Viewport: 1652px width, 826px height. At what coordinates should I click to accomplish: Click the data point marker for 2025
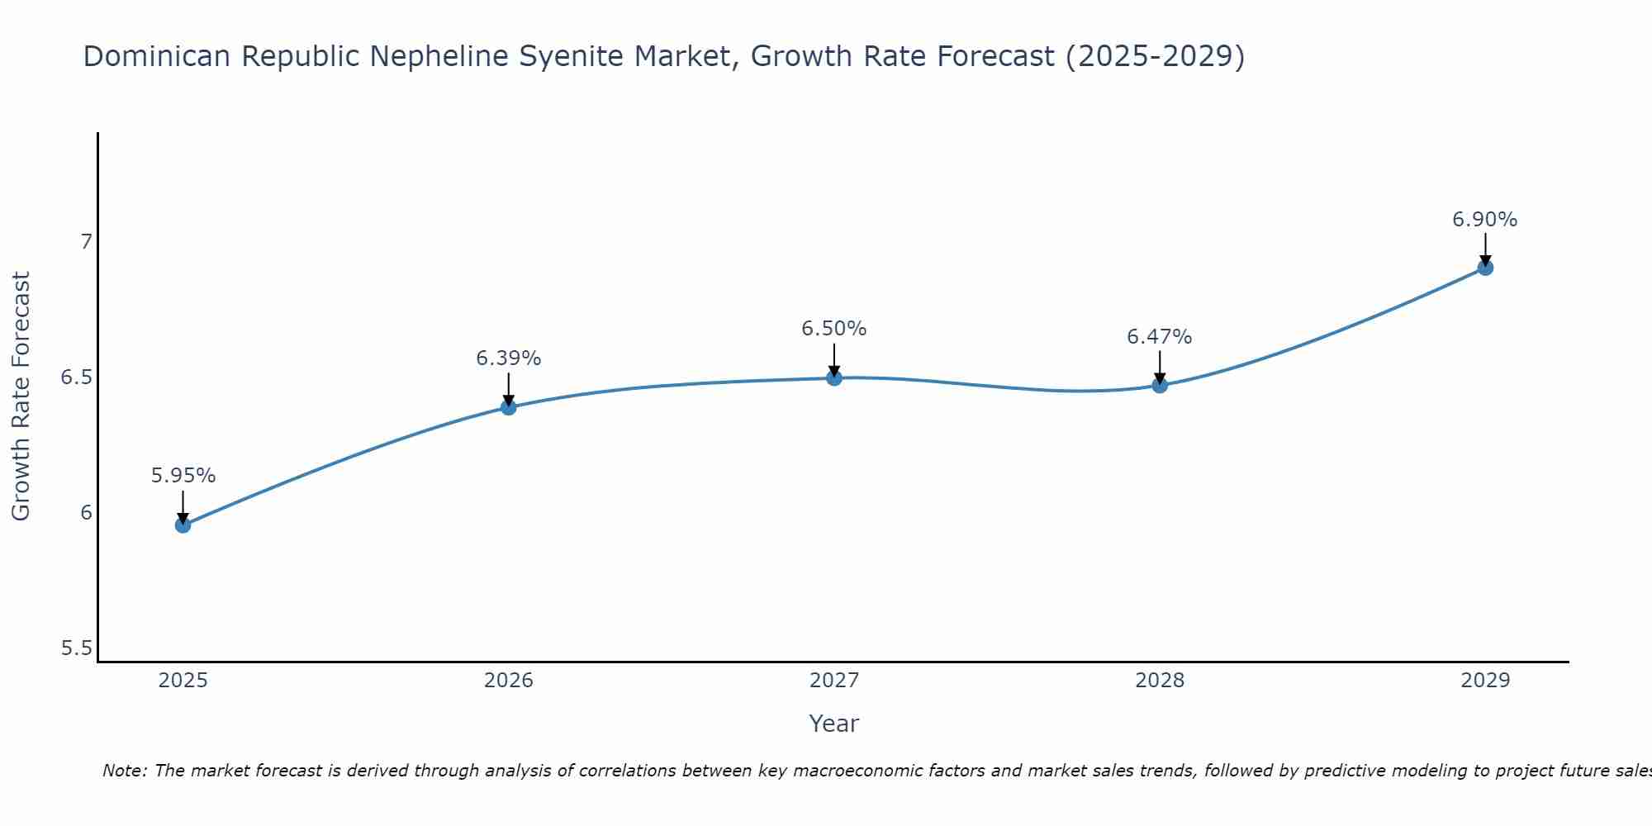(183, 525)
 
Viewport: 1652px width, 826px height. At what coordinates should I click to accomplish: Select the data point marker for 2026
(509, 407)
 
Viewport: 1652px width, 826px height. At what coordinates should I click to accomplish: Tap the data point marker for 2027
(834, 378)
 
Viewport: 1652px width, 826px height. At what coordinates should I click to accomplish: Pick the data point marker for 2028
(1160, 385)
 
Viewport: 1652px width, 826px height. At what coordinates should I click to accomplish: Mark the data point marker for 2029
(1485, 268)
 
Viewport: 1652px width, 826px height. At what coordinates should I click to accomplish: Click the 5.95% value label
(183, 476)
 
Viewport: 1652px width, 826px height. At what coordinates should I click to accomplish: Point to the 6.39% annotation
(509, 358)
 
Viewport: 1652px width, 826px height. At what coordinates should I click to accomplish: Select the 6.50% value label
(834, 329)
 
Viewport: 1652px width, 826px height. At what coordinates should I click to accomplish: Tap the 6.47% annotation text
(1160, 337)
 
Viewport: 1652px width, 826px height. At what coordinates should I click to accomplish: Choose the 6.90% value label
(1485, 220)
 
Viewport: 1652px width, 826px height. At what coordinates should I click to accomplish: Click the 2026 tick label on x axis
(509, 681)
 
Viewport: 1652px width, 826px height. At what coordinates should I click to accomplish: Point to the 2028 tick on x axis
(1160, 681)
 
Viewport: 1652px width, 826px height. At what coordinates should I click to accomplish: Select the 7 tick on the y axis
(86, 242)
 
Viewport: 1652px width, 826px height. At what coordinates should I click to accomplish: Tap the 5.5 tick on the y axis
(76, 648)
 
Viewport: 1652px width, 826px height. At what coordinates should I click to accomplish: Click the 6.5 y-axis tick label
(76, 377)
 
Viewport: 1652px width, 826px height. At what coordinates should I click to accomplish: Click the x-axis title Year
(834, 724)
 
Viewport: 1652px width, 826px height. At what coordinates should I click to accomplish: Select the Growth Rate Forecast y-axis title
(21, 396)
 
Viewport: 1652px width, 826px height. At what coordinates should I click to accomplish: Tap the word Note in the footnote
(124, 771)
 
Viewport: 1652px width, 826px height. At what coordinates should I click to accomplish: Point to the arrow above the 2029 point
(1485, 249)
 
